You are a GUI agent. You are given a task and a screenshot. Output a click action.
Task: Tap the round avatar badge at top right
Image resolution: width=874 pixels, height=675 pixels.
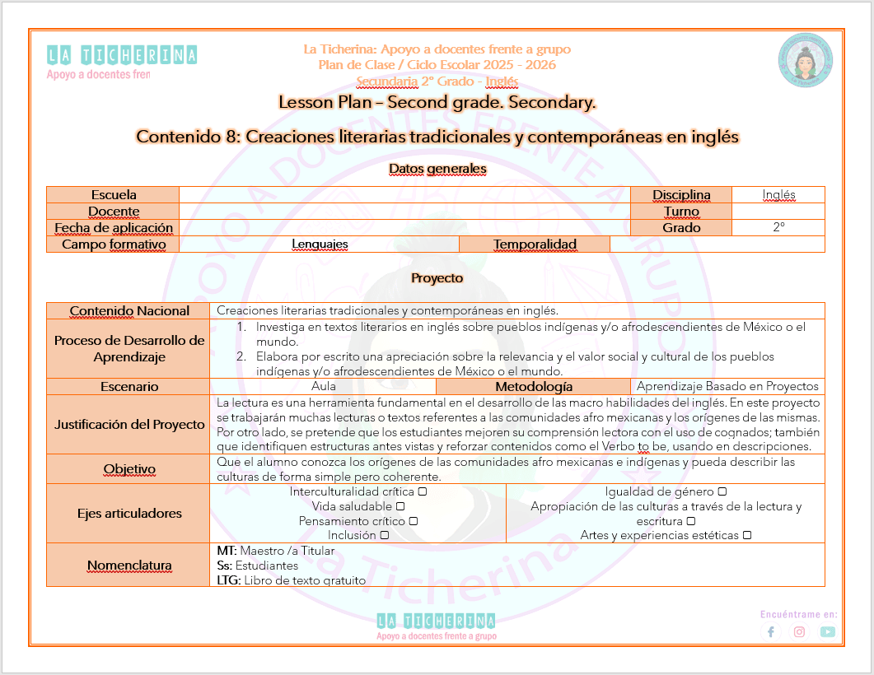pyautogui.click(x=803, y=62)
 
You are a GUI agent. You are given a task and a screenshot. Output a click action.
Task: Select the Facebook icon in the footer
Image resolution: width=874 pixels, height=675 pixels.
pyautogui.click(x=771, y=632)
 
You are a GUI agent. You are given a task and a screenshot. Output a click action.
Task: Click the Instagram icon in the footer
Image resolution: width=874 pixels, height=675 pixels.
pyautogui.click(x=799, y=632)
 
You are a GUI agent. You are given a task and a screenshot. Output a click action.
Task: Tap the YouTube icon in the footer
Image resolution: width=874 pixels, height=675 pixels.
pyautogui.click(x=827, y=632)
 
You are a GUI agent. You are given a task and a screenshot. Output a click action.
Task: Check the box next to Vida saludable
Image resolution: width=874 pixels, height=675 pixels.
pyautogui.click(x=400, y=506)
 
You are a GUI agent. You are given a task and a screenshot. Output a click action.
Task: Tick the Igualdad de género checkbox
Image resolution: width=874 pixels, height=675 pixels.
pyautogui.click(x=722, y=492)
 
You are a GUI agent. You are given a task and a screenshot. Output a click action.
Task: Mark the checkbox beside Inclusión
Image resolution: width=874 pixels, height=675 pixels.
pyautogui.click(x=385, y=535)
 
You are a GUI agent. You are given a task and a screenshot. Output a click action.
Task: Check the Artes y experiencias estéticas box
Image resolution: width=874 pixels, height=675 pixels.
pyautogui.click(x=747, y=535)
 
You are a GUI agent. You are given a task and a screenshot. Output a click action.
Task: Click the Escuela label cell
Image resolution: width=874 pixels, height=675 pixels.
pyautogui.click(x=114, y=195)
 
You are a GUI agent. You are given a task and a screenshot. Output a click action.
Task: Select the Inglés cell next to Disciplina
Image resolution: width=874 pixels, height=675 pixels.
pyautogui.click(x=778, y=195)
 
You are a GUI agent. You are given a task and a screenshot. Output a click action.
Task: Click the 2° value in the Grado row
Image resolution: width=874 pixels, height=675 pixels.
pyautogui.click(x=778, y=228)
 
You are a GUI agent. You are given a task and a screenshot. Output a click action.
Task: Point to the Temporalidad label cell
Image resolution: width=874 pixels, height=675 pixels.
pyautogui.click(x=535, y=244)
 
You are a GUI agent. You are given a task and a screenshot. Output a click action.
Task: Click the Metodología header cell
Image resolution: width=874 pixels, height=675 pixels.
pyautogui.click(x=533, y=386)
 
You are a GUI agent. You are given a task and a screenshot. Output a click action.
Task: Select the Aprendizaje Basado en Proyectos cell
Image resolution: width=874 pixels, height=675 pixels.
pyautogui.click(x=728, y=386)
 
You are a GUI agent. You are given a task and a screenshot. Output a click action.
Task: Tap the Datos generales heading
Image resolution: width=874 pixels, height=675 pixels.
pyautogui.click(x=437, y=169)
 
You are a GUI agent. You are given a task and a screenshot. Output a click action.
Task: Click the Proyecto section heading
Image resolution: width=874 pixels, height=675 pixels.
pyautogui.click(x=437, y=278)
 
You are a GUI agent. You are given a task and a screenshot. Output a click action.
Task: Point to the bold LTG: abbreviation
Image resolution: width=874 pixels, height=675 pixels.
pyautogui.click(x=228, y=580)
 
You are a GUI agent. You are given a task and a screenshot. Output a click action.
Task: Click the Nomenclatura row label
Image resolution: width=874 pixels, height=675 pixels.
pyautogui.click(x=129, y=566)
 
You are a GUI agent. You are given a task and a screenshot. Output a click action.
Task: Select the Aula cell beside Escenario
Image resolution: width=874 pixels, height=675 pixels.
pyautogui.click(x=324, y=386)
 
